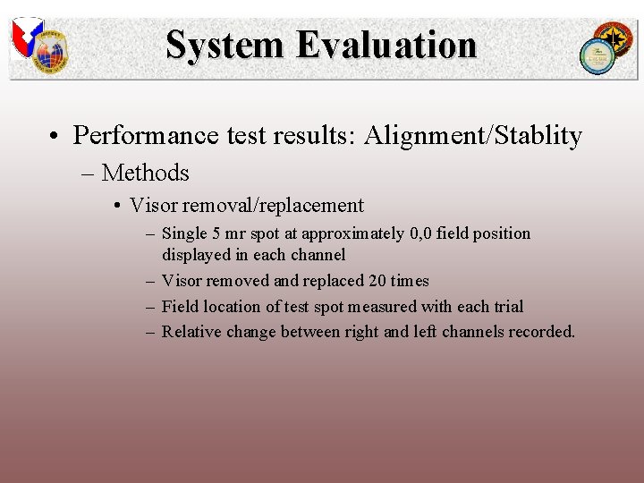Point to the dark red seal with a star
coord(614,38)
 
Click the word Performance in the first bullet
coord(146,136)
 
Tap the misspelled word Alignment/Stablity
coord(473,136)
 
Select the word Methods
coord(146,173)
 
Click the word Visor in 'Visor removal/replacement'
coord(153,206)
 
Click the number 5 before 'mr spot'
coord(216,233)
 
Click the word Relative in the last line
coord(191,332)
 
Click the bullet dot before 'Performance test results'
coord(55,137)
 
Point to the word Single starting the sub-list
coord(185,233)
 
